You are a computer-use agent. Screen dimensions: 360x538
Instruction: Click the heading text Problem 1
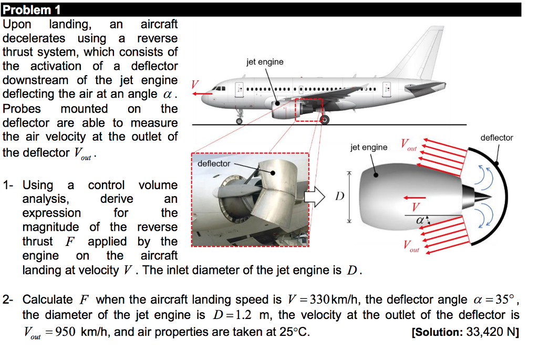32,9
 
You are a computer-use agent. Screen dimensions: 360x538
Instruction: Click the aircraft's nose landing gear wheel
240,120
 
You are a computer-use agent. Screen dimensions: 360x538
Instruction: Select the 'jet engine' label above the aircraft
264,62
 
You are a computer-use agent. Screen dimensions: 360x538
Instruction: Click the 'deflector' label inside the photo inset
214,163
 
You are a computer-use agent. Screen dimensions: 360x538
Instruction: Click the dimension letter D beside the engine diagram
339,197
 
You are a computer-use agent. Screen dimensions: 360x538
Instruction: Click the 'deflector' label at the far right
496,138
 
